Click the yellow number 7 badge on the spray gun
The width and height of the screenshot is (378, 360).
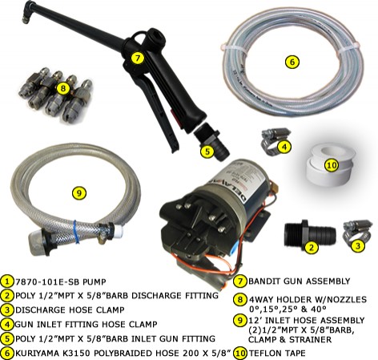point(137,58)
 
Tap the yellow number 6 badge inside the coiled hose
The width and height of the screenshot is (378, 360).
point(292,62)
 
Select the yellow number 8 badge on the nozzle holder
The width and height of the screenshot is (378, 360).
point(63,88)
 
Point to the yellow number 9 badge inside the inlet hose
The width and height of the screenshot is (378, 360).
point(79,192)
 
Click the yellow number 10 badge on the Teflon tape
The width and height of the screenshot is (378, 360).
point(332,165)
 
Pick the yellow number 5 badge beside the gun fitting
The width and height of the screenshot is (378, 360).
point(207,152)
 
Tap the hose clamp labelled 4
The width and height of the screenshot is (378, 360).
point(273,139)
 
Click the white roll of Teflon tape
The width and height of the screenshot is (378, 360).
point(331,163)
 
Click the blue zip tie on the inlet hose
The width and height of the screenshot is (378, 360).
point(76,232)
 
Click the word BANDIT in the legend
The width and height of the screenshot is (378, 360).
point(263,281)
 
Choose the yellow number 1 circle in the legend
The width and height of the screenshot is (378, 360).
point(8,281)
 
